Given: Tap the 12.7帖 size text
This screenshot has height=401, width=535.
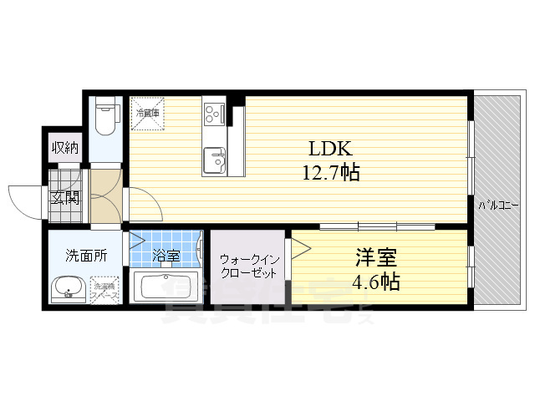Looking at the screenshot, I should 331,175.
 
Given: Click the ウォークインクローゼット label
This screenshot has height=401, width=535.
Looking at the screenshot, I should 247,266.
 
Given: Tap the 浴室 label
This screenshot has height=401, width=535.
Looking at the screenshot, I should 166,255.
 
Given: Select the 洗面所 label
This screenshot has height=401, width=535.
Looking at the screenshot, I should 87,256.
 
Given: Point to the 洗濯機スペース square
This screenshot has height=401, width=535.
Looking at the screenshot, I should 106,291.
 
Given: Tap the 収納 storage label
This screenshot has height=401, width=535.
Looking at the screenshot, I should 65,148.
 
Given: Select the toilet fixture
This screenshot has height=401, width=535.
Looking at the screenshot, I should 105,117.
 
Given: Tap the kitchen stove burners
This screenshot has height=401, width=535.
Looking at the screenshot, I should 213,111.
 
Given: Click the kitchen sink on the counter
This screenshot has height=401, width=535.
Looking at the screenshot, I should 213,159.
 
